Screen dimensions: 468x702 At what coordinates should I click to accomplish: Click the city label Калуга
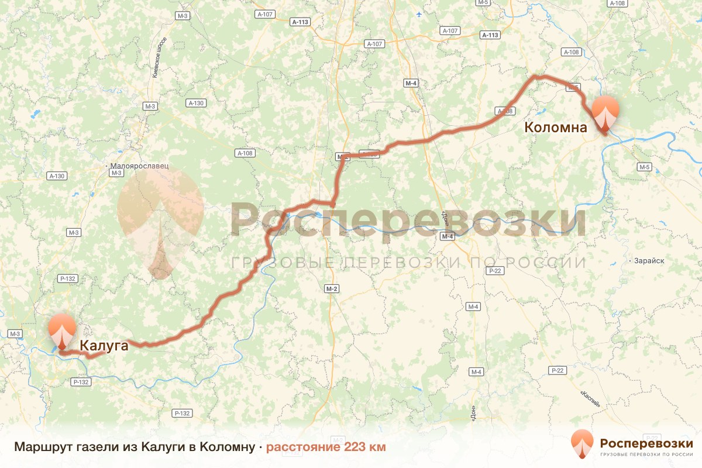pos(104,346)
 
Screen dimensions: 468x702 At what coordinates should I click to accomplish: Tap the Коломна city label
pos(555,127)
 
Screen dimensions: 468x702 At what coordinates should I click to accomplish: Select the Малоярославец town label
pos(141,166)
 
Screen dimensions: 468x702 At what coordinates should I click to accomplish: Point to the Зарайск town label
pos(648,261)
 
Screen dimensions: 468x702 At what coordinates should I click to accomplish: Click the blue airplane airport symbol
pos(418,14)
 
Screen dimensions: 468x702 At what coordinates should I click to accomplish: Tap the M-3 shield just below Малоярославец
pos(116,173)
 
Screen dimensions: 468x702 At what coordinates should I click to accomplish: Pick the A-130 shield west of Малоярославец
pos(57,175)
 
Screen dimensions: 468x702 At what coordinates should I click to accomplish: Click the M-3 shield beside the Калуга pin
pos(15,333)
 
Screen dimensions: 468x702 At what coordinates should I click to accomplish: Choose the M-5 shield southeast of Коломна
pos(645,167)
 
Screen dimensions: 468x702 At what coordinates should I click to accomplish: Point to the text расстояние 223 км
pos(326,447)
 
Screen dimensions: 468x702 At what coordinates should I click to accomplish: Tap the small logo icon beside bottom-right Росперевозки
pos(581,444)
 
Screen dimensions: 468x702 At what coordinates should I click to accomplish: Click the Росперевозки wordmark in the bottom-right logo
pos(646,442)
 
